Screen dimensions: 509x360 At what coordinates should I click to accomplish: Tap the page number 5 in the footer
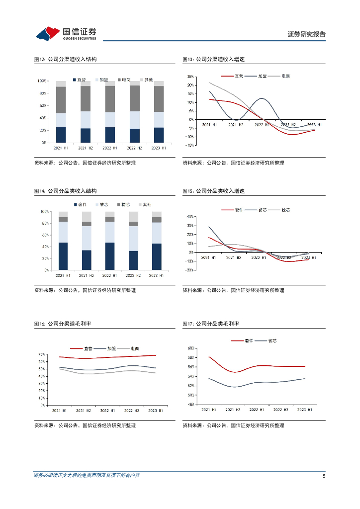click(x=324, y=476)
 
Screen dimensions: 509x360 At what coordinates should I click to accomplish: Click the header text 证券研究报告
click(x=307, y=34)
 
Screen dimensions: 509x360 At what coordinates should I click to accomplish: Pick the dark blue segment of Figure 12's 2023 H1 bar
click(x=159, y=135)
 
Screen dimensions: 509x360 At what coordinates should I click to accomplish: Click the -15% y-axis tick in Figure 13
click(x=189, y=145)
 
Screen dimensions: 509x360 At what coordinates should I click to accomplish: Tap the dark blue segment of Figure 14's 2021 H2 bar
click(x=87, y=259)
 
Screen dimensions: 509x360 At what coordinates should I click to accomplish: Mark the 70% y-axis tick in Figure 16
click(x=41, y=354)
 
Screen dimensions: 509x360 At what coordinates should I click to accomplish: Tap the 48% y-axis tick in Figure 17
click(x=190, y=404)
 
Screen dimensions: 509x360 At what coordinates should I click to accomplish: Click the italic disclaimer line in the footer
click(x=87, y=476)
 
